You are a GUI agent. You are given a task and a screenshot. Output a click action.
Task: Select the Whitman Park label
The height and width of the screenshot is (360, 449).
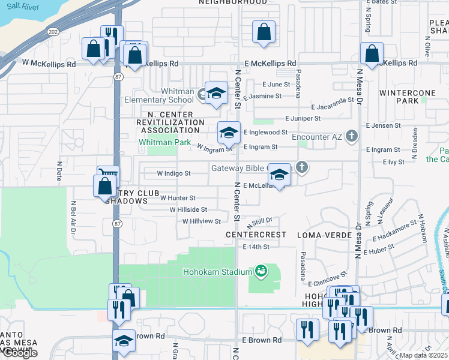coord(164,143)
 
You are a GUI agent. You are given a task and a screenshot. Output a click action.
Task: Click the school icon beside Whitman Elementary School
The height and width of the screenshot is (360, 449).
coord(216,93)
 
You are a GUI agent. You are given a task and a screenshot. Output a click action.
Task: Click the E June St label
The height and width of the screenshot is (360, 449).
coord(276,85)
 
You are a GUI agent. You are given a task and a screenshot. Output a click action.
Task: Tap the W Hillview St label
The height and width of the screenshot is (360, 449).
coord(202,221)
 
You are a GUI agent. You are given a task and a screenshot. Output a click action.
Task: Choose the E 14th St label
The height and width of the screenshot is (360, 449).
coord(256,247)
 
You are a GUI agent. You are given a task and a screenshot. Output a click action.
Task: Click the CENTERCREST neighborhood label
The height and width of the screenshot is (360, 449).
coord(256,235)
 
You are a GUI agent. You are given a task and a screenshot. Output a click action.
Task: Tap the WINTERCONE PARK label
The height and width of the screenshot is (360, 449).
coord(399,97)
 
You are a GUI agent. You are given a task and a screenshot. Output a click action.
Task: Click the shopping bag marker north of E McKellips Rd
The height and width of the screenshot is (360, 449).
coord(264,32)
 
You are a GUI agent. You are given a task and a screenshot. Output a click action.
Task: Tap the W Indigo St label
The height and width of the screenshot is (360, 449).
coord(173,173)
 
